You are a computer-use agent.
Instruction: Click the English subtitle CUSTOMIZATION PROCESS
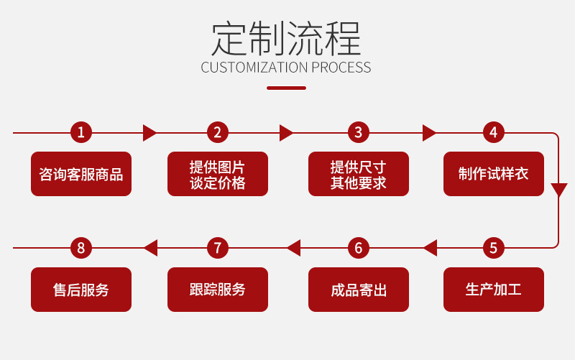[286, 68]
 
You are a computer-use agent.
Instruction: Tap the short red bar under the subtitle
[286, 88]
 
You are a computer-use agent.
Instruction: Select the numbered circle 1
[81, 132]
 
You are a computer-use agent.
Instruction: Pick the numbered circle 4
[493, 132]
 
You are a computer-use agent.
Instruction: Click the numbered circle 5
[493, 248]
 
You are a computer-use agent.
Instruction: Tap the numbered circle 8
[81, 248]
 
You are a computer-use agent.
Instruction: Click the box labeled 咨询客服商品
[81, 174]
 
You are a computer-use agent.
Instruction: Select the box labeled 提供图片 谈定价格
[217, 174]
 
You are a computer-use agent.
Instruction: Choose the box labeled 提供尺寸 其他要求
[358, 174]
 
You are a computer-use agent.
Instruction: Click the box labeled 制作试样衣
[493, 174]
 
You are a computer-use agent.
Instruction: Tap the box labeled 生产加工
[493, 290]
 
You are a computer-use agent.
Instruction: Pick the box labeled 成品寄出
[358, 290]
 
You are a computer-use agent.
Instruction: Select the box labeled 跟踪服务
[217, 290]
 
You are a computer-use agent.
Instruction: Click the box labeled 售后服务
[81, 290]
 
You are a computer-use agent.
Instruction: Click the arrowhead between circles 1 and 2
[149, 132]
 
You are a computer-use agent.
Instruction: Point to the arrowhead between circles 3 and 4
[429, 132]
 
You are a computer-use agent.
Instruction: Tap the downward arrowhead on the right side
[558, 190]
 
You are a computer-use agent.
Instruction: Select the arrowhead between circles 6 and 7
[293, 248]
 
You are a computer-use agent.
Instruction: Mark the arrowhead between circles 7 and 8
[150, 248]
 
